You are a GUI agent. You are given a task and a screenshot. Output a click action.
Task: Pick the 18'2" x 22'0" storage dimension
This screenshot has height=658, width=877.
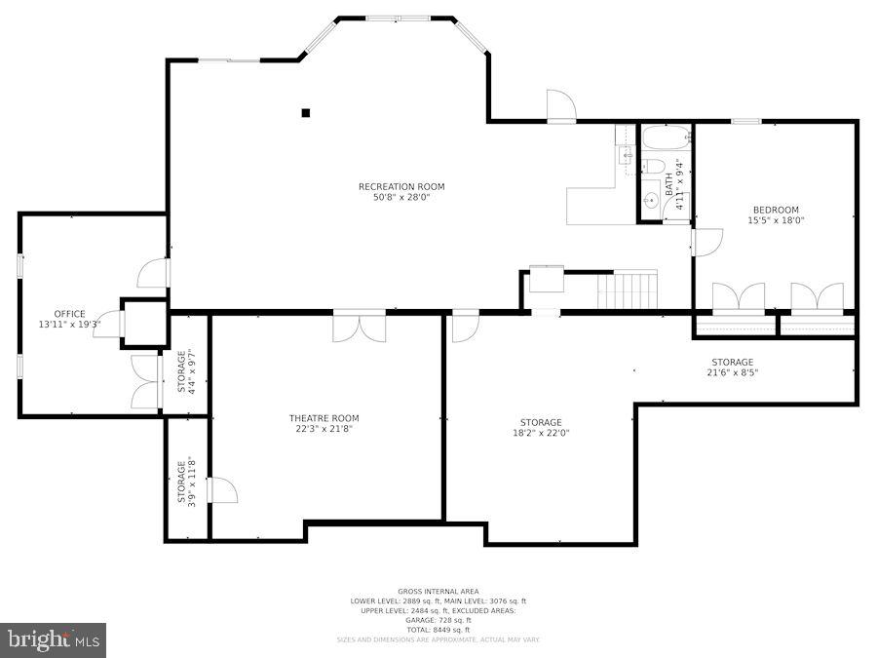541,433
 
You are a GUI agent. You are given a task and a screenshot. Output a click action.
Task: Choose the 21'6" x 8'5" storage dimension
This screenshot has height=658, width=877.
732,372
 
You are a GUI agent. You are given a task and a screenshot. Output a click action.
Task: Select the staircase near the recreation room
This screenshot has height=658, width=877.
629,290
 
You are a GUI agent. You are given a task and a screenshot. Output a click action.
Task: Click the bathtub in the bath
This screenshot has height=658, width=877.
666,137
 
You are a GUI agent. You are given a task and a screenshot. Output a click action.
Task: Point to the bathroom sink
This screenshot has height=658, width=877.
651,202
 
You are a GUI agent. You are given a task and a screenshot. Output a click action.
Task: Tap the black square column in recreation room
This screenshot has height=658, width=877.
305,113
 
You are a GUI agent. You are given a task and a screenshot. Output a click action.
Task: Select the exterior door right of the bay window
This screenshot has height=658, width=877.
561,106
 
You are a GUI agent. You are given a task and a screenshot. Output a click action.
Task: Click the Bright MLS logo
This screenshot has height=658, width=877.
54,640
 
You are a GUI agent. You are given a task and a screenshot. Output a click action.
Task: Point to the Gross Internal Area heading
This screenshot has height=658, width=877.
438,592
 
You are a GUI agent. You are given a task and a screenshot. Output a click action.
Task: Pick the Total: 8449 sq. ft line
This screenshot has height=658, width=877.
438,630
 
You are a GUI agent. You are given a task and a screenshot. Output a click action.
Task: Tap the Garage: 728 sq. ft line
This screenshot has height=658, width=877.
438,620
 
